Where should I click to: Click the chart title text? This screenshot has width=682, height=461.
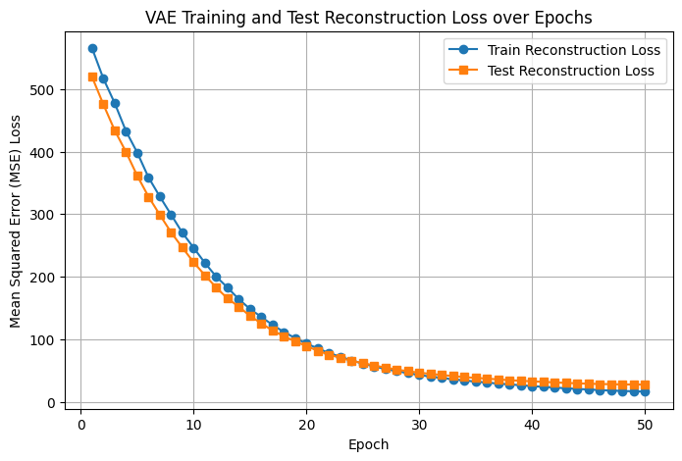click(x=368, y=18)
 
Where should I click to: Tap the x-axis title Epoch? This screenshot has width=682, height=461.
click(x=368, y=444)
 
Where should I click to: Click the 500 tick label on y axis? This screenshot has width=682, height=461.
click(x=41, y=90)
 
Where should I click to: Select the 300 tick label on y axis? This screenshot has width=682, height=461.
click(x=41, y=215)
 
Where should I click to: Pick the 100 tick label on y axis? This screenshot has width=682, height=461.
click(x=41, y=340)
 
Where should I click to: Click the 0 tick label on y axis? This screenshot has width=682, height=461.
click(x=48, y=403)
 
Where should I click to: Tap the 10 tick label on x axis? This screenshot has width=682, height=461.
click(x=193, y=424)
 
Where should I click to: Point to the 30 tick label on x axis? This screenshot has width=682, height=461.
click(x=419, y=424)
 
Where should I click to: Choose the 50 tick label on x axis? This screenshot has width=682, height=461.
click(x=645, y=424)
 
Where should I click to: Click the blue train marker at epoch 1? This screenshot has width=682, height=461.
click(x=92, y=48)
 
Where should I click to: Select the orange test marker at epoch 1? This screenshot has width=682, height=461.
click(x=92, y=77)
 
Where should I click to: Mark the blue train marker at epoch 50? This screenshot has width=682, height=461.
click(x=645, y=391)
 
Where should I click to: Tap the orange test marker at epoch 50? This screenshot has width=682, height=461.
click(x=645, y=385)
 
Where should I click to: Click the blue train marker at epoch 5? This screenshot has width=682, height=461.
click(x=137, y=153)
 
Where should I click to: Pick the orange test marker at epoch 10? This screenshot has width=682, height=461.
click(x=193, y=262)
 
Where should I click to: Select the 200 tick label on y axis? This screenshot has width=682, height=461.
click(x=41, y=278)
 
